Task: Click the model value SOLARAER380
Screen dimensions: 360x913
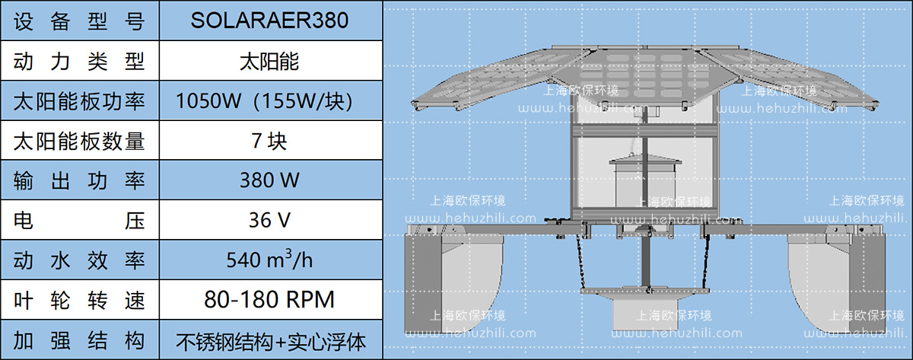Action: (x=269, y=21)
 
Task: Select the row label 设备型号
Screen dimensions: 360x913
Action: (x=79, y=21)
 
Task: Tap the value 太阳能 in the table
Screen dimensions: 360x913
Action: (x=269, y=61)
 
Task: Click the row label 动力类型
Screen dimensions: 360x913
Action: (x=79, y=61)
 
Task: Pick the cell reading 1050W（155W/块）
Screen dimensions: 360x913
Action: (x=269, y=100)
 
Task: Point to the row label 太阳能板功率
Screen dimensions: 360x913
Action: (x=79, y=100)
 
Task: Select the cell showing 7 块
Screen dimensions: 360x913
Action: (x=269, y=141)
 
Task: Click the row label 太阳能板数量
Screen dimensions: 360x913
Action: (x=79, y=141)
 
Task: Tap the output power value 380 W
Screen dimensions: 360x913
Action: (x=269, y=180)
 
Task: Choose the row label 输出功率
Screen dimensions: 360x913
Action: (x=79, y=180)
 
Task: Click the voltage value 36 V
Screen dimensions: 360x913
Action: (x=269, y=221)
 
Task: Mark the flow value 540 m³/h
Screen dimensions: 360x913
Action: (x=269, y=260)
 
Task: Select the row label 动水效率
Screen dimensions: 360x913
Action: (x=79, y=260)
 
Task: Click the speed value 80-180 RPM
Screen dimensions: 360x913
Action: (x=269, y=300)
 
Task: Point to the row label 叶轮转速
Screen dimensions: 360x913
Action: (x=79, y=300)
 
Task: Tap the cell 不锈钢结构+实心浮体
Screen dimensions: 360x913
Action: (x=269, y=340)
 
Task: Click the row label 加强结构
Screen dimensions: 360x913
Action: (x=79, y=340)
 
